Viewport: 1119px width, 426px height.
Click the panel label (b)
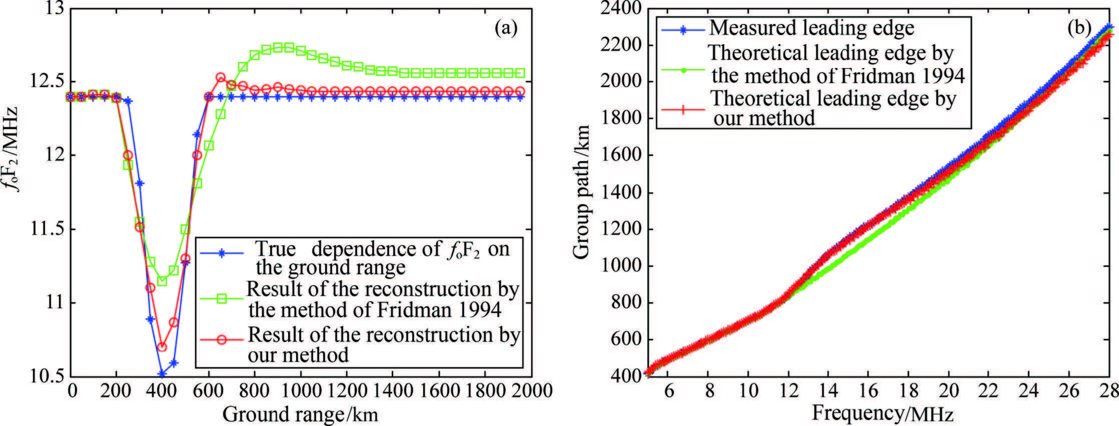(1079, 28)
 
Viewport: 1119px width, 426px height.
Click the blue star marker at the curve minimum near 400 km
(162, 373)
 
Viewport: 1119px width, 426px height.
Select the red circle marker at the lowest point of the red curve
(162, 347)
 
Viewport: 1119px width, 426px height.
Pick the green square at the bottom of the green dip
(162, 281)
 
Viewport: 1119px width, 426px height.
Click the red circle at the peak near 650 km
(221, 78)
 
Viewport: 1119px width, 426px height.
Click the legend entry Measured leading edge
(811, 28)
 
